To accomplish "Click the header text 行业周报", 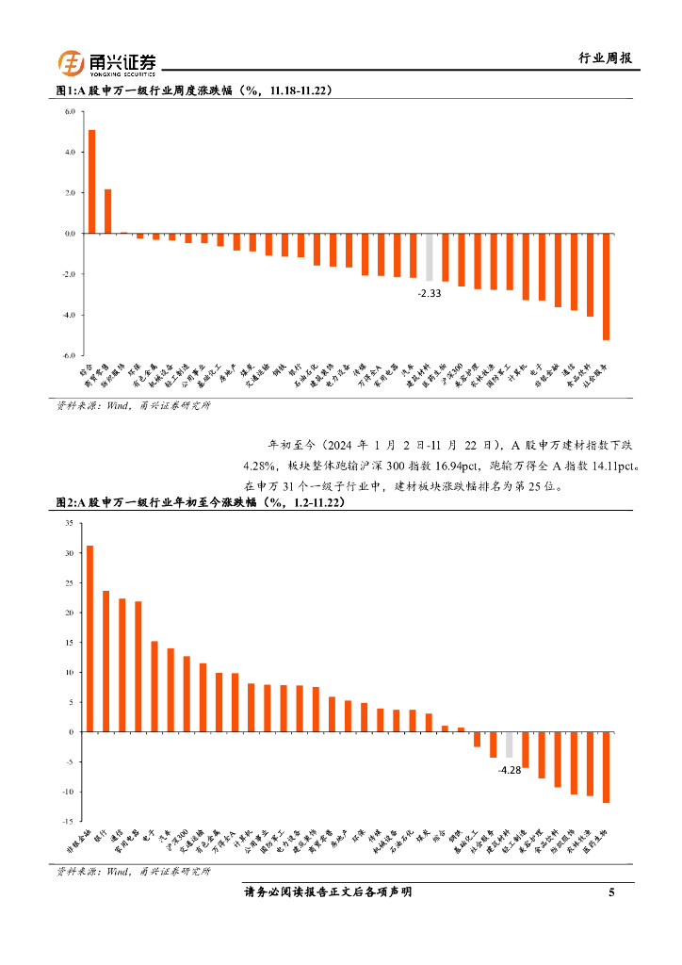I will pos(604,58).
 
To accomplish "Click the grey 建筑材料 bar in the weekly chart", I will pos(430,256).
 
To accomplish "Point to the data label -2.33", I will pos(430,294).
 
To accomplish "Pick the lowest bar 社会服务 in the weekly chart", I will pos(606,286).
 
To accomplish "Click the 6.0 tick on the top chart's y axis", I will pos(69,111).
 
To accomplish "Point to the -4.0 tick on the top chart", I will pos(68,315).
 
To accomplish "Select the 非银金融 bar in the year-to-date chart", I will pos(89,638).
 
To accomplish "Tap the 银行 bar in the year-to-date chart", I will pos(106,661).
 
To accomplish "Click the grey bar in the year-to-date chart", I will pos(509,744).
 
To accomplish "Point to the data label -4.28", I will pos(509,770).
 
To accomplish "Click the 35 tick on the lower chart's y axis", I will pos(69,523).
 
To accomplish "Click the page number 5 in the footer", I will pos(611,892).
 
